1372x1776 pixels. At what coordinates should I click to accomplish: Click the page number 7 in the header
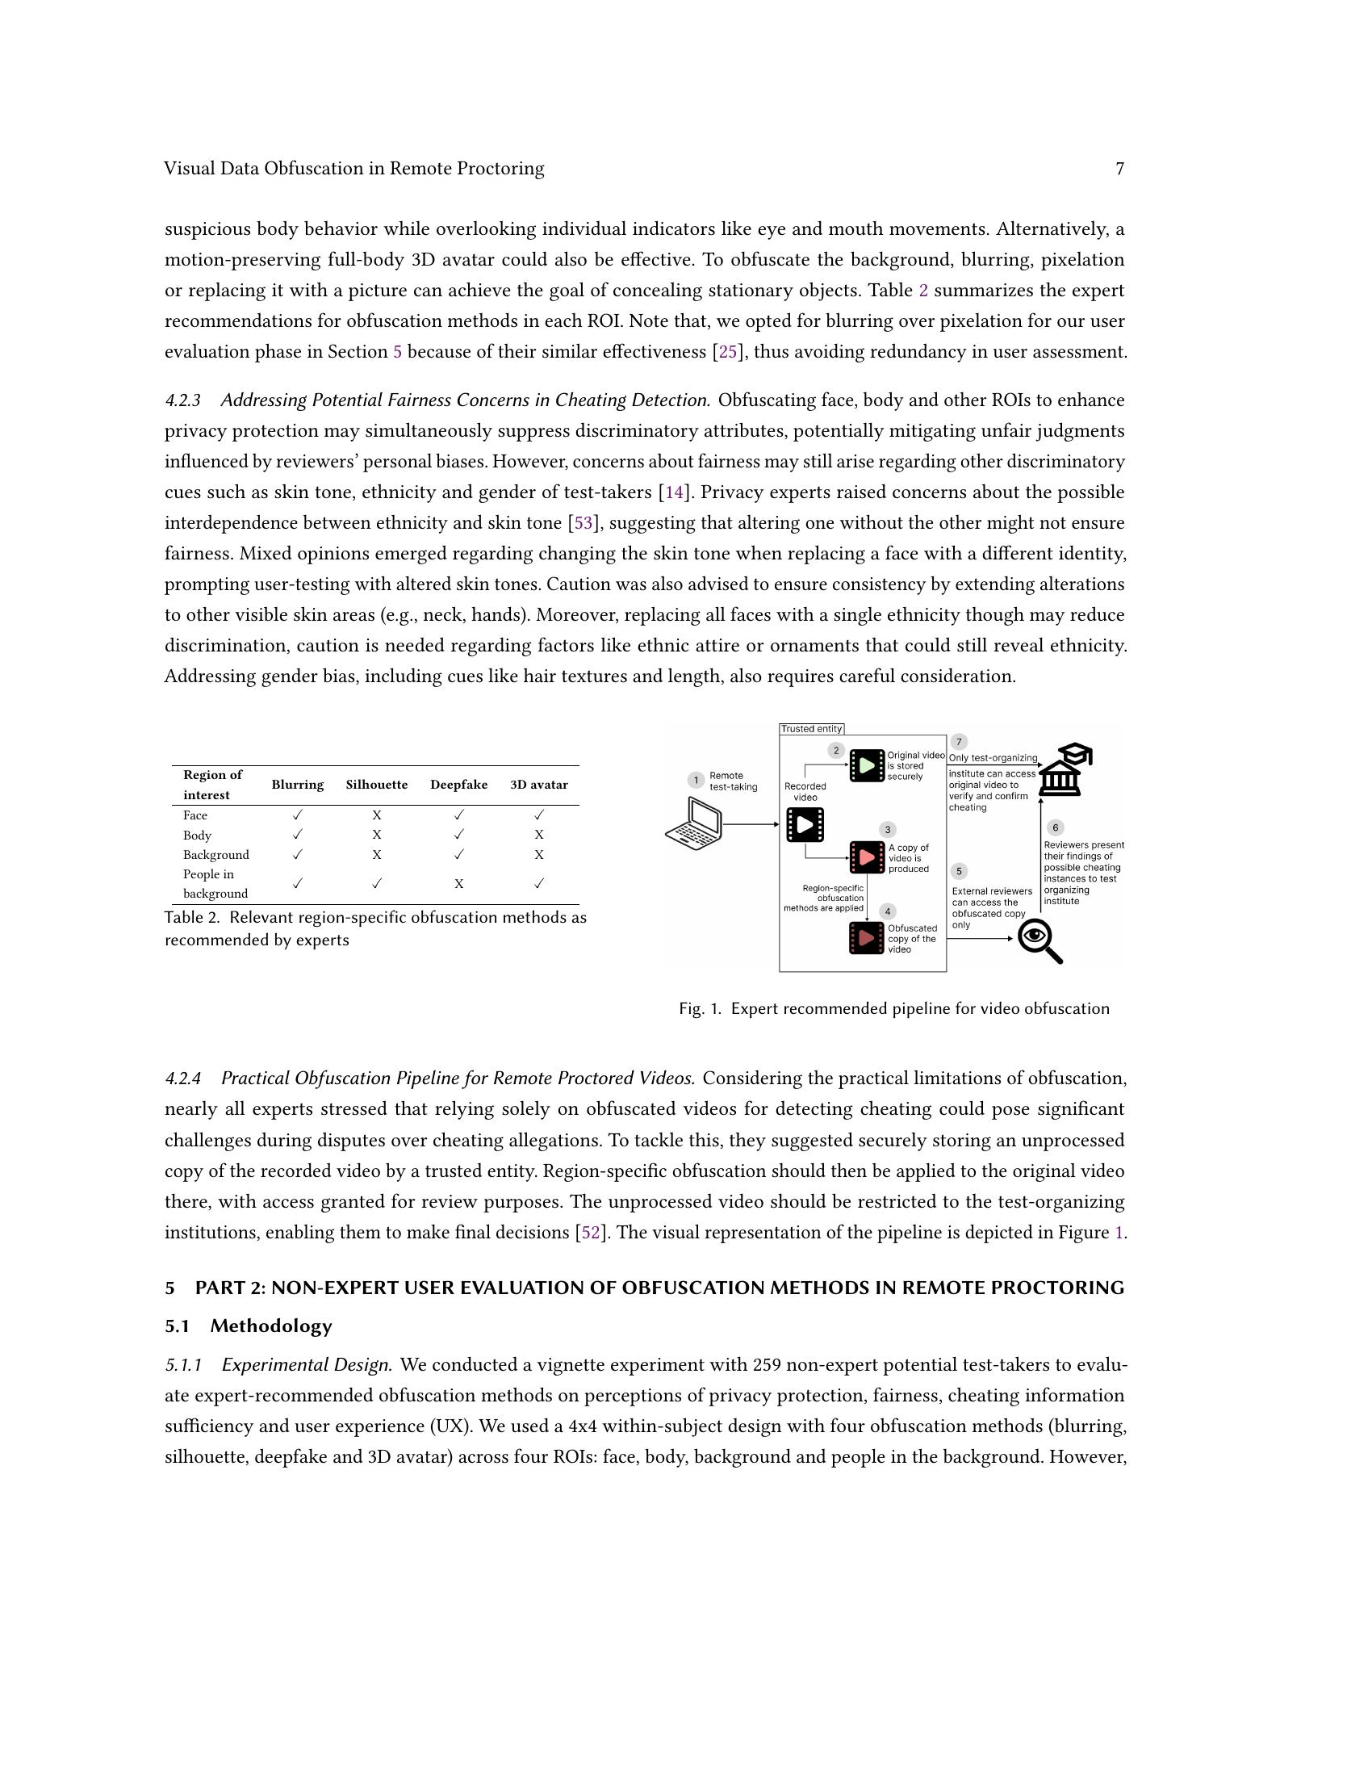[1119, 169]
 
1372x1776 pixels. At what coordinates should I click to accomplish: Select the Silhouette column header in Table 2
[376, 785]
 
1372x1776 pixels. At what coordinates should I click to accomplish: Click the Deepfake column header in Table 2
[458, 785]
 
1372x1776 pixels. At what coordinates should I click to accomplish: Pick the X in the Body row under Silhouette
[376, 835]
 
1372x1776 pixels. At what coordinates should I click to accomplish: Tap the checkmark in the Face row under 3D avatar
[539, 815]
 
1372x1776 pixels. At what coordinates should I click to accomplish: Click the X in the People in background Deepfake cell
[458, 884]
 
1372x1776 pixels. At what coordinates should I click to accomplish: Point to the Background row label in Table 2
[215, 855]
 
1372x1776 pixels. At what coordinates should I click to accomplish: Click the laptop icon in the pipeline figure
[694, 823]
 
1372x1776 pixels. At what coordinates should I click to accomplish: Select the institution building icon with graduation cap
[1065, 770]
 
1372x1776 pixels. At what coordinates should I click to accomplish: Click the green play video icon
[867, 766]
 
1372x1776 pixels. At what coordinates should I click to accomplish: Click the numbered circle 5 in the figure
[959, 872]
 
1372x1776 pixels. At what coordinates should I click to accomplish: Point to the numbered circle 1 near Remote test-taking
[696, 781]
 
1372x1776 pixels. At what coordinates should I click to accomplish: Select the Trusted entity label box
[811, 729]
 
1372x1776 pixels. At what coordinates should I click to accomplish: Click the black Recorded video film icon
[805, 824]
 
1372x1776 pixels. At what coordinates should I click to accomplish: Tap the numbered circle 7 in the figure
[959, 742]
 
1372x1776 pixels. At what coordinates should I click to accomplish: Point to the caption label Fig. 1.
[700, 1009]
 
